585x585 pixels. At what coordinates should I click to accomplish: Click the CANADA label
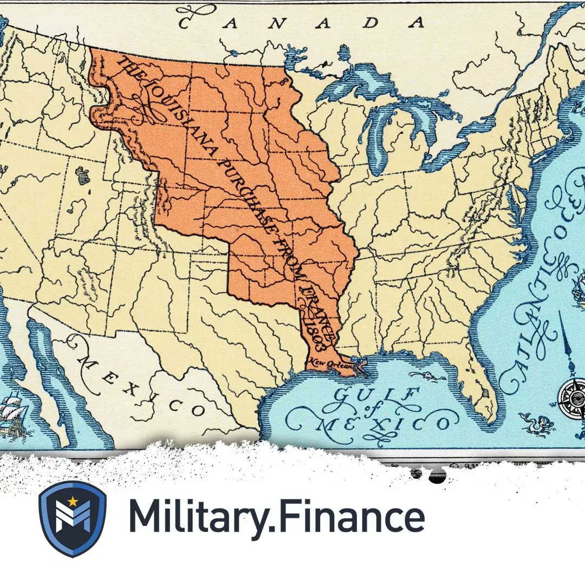tap(301, 22)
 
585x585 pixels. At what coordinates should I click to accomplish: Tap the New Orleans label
tap(331, 363)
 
